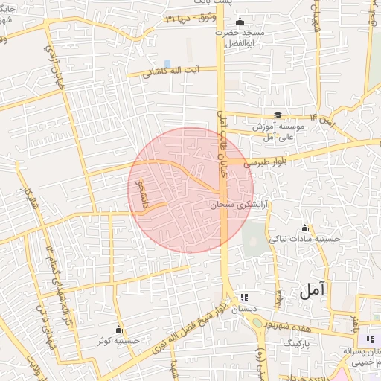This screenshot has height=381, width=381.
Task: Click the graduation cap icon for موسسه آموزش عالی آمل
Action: coord(277,115)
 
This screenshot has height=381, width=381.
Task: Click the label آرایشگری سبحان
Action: coord(239,202)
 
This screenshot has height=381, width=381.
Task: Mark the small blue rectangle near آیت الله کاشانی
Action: coord(167,63)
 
